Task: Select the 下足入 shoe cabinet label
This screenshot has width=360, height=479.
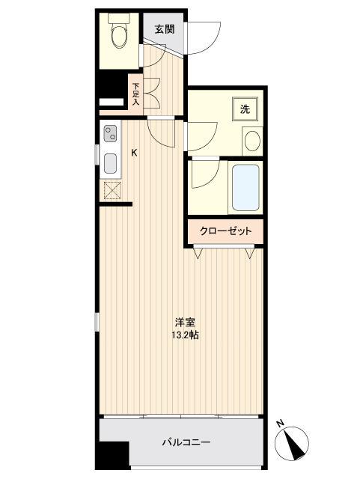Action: point(135,94)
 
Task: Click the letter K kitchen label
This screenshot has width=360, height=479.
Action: point(135,153)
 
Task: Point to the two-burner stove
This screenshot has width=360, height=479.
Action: point(110,134)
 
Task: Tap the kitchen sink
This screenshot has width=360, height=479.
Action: point(110,163)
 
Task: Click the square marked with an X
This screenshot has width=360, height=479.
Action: point(111,190)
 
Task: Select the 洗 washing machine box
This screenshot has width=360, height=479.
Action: point(245,109)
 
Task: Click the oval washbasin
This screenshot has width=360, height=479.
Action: point(253,139)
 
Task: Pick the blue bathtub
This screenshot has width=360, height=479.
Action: point(245,187)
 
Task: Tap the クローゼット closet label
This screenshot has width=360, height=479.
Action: point(225,231)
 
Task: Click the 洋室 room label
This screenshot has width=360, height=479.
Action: point(186,323)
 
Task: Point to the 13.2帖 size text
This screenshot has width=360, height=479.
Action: point(186,335)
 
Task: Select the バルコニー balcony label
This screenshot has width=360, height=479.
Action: point(186,442)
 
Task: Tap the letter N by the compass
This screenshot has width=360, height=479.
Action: point(279,424)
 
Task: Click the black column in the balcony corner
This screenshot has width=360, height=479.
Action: point(112,454)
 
